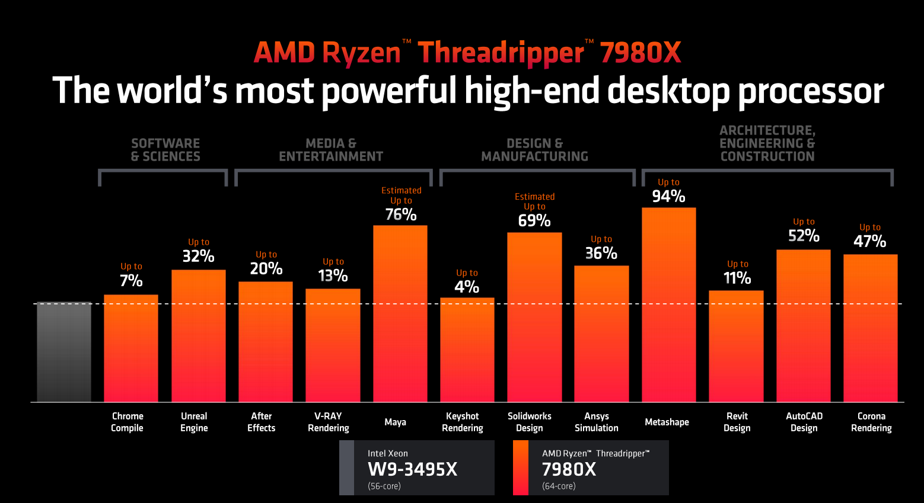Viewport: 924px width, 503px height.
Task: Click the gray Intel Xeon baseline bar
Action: (64, 352)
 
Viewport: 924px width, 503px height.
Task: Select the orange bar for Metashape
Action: (668, 305)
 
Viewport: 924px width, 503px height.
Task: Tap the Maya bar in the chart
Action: (400, 313)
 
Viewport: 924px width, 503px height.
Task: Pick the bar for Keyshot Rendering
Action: (467, 350)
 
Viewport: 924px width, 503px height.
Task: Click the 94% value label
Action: (668, 196)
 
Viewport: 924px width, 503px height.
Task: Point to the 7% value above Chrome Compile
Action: (131, 280)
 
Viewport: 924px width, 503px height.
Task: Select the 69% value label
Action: (534, 220)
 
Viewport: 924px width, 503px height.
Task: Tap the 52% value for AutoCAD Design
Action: (804, 236)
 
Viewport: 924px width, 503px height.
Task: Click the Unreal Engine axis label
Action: (194, 422)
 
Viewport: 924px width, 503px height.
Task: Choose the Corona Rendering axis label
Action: (871, 422)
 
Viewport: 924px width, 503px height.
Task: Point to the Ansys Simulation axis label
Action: (596, 422)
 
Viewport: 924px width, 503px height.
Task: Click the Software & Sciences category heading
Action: (165, 150)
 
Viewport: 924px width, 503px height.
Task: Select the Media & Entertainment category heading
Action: (331, 150)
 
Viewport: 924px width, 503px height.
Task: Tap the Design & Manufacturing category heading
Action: (534, 150)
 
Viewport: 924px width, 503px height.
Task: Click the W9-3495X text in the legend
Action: (413, 469)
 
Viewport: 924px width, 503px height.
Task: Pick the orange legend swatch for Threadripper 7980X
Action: (521, 467)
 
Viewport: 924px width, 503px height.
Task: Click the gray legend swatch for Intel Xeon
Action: (346, 467)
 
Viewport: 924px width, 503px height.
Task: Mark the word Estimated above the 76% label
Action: (402, 190)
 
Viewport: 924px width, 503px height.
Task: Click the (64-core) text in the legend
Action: (559, 486)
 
